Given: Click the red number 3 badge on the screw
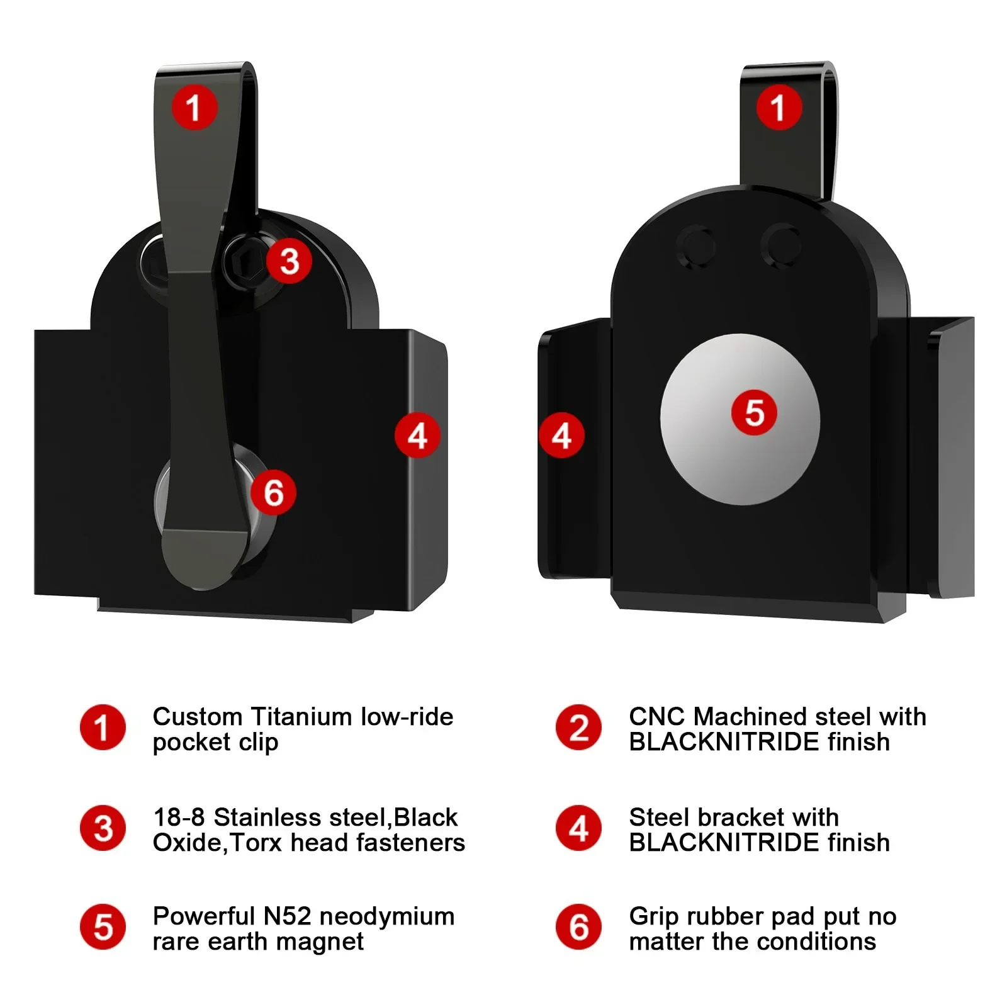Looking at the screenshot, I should [x=289, y=261].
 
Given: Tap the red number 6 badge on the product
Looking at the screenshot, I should [x=273, y=492].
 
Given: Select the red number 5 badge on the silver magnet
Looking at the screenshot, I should [x=754, y=413].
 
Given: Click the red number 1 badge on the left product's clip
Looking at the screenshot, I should [x=194, y=107].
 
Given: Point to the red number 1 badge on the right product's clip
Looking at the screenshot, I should [x=779, y=107].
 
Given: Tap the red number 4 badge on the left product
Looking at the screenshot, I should [x=417, y=436].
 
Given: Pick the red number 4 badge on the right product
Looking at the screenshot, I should [x=561, y=436].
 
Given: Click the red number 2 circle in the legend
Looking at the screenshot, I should [x=578, y=728].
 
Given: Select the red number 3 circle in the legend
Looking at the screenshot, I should [x=103, y=828].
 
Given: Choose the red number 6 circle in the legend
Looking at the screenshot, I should [x=578, y=928].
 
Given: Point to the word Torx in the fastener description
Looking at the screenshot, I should [x=257, y=843].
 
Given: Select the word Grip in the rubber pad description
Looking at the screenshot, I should [x=654, y=917].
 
